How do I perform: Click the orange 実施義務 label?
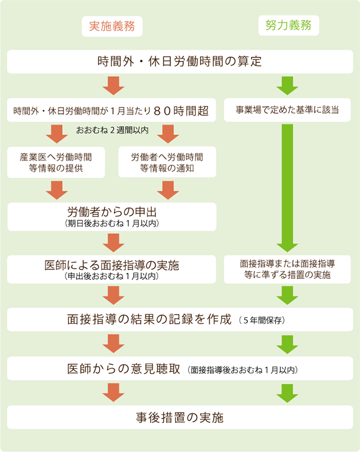[x=112, y=26]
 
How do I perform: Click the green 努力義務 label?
[x=288, y=26]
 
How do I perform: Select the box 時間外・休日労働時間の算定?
[x=180, y=62]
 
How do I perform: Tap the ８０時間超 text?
[x=181, y=111]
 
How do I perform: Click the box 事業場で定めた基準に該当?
[x=287, y=110]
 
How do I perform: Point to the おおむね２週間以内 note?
[x=112, y=130]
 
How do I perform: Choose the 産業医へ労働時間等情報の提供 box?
[x=56, y=162]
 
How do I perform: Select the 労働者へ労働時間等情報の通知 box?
[x=167, y=162]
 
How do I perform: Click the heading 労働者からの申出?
[x=112, y=212]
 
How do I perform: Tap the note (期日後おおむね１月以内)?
[x=112, y=223]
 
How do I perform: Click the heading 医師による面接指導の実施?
[x=111, y=265]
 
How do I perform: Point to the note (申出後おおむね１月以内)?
[x=111, y=276]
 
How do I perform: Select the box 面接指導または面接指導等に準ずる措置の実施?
[x=287, y=269]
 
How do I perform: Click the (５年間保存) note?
[x=262, y=320]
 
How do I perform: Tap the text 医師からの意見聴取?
[x=124, y=369]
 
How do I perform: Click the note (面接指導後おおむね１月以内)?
[x=242, y=370]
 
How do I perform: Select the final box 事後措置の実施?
[x=180, y=418]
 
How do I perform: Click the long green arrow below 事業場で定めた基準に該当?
[x=287, y=188]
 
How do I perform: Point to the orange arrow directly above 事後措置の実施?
[x=114, y=393]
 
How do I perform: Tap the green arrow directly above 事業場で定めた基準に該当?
[x=287, y=86]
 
